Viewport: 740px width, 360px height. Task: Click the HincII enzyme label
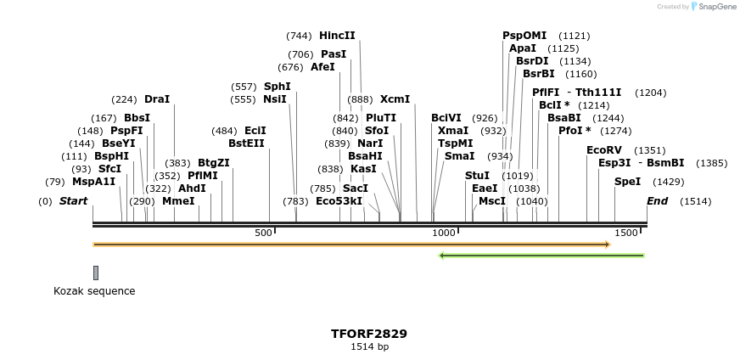337,36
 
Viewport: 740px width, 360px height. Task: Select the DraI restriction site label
157,99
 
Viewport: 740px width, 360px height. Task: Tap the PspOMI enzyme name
524,36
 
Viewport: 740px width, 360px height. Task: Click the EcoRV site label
604,150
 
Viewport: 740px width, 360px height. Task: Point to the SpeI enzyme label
627,182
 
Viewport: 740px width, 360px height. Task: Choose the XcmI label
395,99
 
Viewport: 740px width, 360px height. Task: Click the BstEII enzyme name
246,143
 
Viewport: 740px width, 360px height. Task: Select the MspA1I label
93,182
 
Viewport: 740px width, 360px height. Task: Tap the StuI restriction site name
477,176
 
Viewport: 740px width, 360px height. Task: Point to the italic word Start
73,201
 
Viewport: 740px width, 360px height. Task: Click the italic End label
657,201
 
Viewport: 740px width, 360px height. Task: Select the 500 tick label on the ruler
263,233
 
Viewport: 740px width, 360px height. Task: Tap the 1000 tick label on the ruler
443,233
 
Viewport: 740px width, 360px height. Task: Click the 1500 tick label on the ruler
626,233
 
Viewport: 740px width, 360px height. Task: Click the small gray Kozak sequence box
96,273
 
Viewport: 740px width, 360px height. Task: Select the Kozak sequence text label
94,291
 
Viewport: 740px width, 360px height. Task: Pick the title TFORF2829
369,334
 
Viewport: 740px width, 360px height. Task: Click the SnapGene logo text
714,7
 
